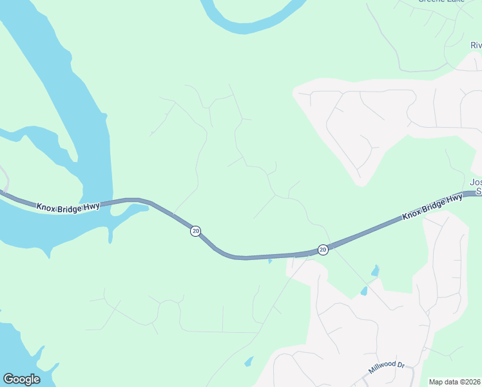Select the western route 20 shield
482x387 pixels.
tap(195, 231)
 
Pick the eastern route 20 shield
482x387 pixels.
tap(323, 250)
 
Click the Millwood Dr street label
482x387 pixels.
tap(386, 369)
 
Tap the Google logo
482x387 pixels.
tap(21, 379)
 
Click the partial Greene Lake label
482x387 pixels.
tap(441, 1)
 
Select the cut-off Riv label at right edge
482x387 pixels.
tap(476, 45)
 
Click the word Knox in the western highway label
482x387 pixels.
tap(46, 207)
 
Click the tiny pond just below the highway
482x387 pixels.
tap(270, 261)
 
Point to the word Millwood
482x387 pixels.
tap(382, 370)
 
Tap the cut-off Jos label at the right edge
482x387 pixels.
tap(476, 183)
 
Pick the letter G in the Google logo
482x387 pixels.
tap(8, 379)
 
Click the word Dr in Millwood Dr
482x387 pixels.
tap(400, 364)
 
